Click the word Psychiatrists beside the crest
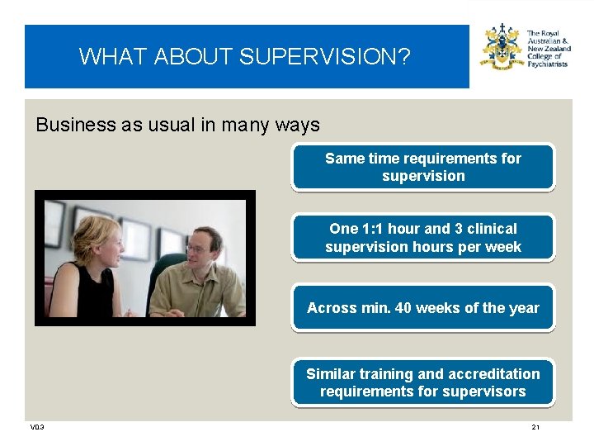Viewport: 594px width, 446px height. (x=548, y=64)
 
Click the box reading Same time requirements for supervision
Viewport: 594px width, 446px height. (x=422, y=167)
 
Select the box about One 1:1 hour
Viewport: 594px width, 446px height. (x=422, y=238)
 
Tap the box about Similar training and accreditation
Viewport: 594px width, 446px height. (x=422, y=382)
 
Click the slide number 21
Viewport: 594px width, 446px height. (x=535, y=427)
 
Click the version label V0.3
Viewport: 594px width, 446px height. (x=37, y=427)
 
